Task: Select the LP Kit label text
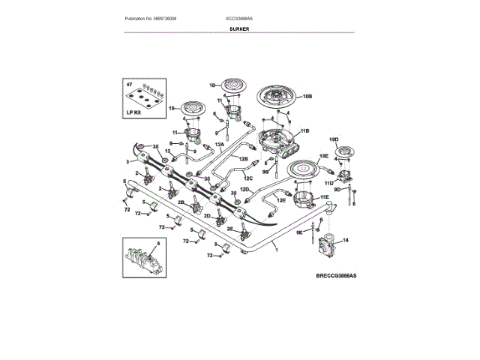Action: click(134, 112)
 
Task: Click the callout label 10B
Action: click(307, 97)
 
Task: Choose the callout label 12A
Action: click(220, 143)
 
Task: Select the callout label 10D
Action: click(334, 140)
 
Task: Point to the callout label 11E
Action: click(323, 196)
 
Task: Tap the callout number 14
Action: click(345, 241)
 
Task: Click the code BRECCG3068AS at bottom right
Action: click(335, 277)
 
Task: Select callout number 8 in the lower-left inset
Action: click(158, 244)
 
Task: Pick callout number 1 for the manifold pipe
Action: click(276, 249)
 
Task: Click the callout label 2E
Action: click(230, 229)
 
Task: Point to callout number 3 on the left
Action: click(128, 161)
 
